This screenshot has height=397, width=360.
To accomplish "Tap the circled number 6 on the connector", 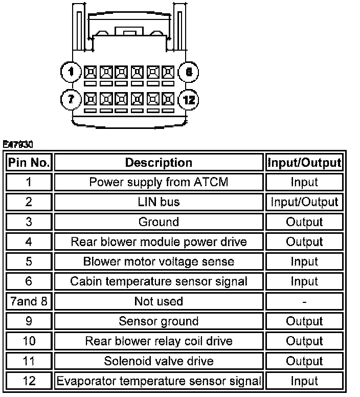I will coord(189,72).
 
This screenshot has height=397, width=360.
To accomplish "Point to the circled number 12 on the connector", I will coord(189,99).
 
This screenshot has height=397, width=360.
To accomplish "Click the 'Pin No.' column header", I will coord(29,163).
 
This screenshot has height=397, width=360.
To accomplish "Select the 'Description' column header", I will coord(159,163).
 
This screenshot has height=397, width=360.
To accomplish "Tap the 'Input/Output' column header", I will coord(304,163).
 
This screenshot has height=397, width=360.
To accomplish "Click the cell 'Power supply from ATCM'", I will coord(159,182).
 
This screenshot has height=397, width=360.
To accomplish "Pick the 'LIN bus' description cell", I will coord(159,202).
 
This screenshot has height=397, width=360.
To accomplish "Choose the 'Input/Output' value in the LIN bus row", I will coord(304,202).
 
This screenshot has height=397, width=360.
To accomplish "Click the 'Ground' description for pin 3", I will coord(159,222).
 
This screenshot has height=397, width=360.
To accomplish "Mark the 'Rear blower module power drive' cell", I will coord(159,241).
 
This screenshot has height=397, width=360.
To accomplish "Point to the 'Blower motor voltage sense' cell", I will coord(159,261).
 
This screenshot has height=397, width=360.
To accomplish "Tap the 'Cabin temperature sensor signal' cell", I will coord(159,281).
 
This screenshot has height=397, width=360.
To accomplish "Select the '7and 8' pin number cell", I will coord(29,301).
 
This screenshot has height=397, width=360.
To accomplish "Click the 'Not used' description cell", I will coord(159,301).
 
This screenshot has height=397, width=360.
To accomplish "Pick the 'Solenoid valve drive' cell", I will coord(159,361).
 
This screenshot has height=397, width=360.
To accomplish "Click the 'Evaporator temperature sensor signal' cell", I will coord(159,381).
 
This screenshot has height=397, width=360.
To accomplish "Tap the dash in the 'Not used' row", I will coord(304,302).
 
